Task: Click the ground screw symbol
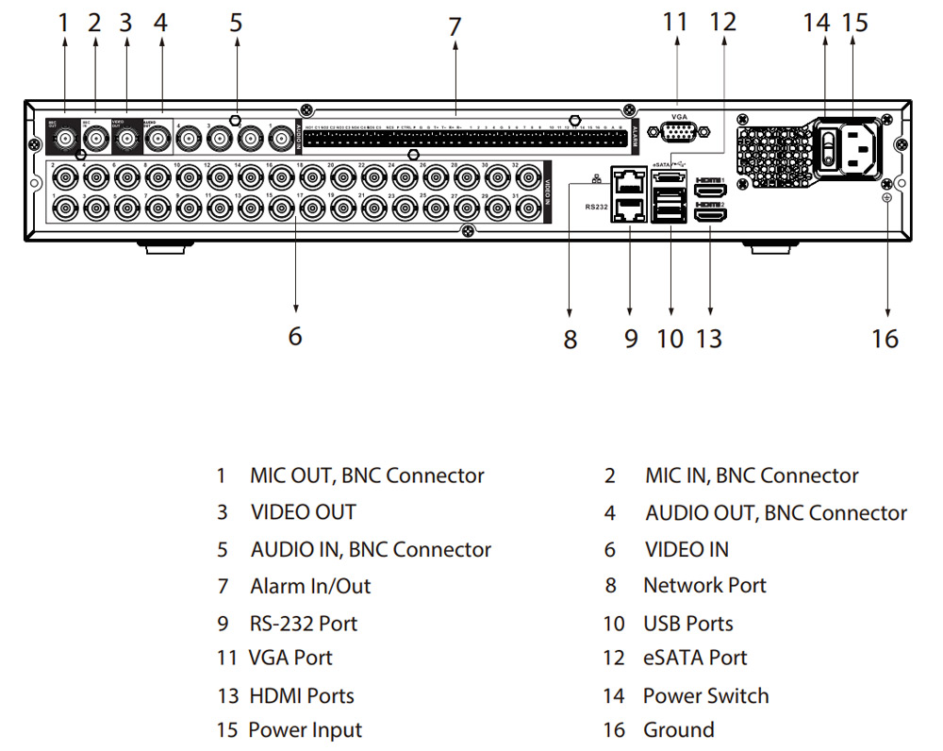(x=886, y=198)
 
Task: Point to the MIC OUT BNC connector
(x=64, y=141)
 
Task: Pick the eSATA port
(x=669, y=176)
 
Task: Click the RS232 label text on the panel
(x=596, y=206)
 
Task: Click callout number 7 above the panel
(x=455, y=27)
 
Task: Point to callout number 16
(x=885, y=338)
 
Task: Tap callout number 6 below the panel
(x=295, y=336)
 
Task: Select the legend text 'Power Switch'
(x=705, y=695)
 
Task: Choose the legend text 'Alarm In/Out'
(x=310, y=586)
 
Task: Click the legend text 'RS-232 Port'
(x=304, y=624)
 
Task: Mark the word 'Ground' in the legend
(x=678, y=729)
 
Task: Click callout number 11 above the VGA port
(x=676, y=21)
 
